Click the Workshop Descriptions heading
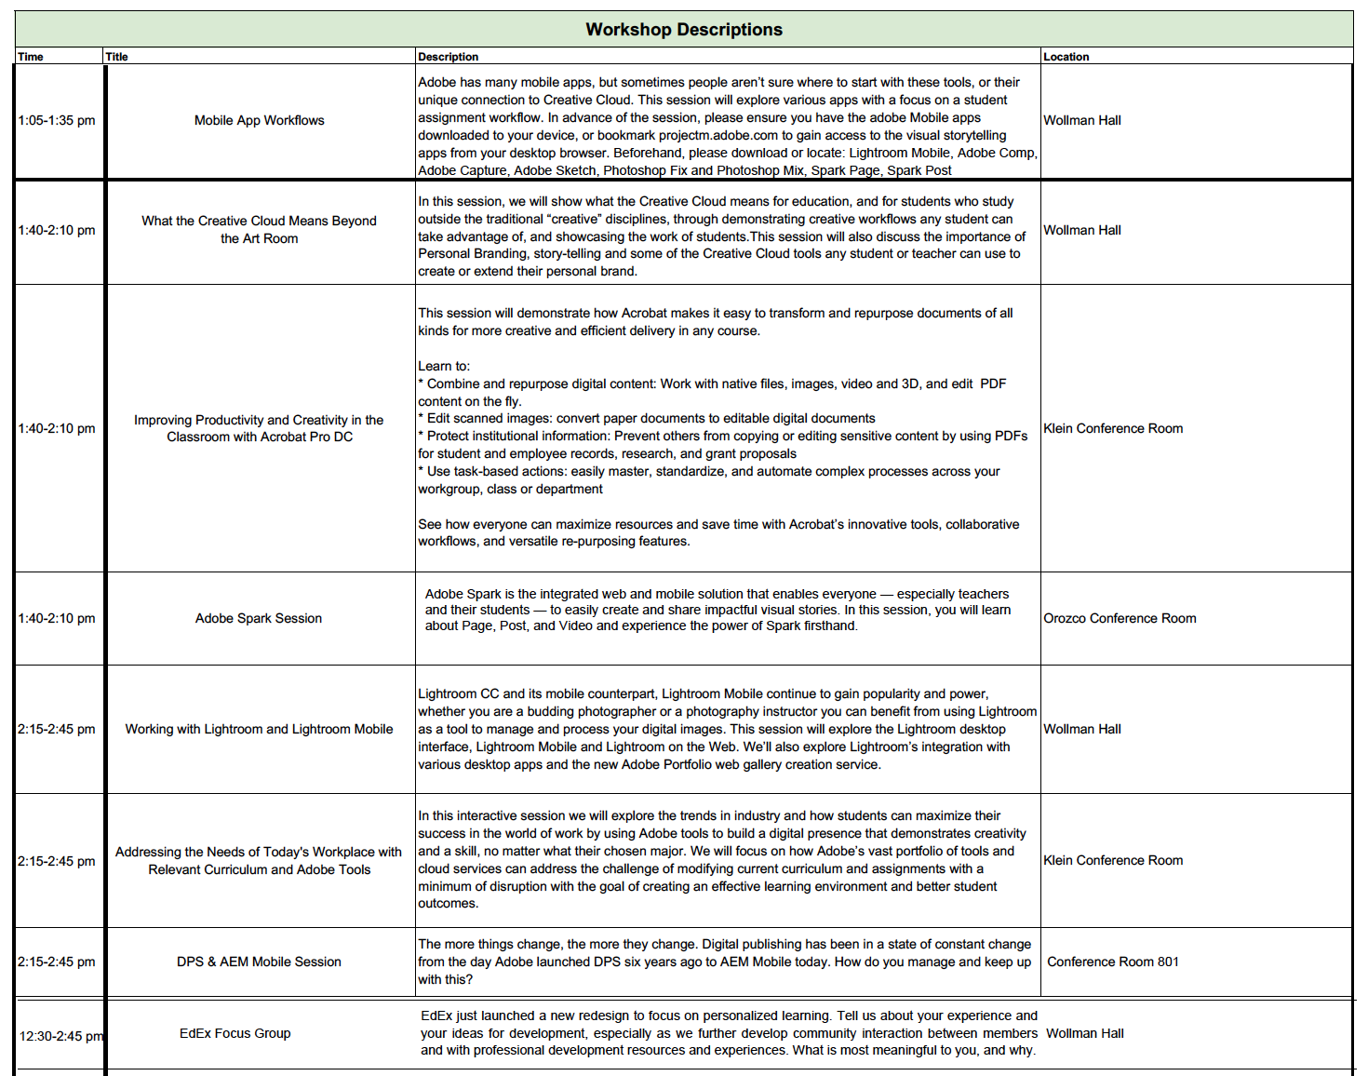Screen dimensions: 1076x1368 pos(684,30)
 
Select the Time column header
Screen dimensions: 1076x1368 pos(31,57)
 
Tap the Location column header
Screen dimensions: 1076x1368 pos(1066,57)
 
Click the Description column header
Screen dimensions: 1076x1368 pos(448,57)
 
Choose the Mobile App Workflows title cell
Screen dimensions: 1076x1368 pos(259,120)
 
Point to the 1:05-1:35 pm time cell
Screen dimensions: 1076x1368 pos(57,120)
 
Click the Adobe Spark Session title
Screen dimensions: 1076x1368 pos(259,618)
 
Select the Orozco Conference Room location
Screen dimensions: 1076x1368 pos(1120,618)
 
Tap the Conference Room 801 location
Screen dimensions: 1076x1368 pos(1112,962)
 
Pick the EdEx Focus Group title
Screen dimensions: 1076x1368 pos(235,1033)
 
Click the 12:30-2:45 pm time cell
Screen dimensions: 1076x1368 pos(61,1036)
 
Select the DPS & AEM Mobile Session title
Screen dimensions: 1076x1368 pos(259,962)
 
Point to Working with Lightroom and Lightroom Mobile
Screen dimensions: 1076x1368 pos(259,729)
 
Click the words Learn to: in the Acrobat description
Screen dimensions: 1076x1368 pos(444,366)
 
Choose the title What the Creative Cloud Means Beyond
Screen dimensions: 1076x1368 pos(259,221)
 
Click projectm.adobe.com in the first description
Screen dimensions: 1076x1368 pos(718,135)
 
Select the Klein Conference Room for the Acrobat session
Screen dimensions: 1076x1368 pos(1113,428)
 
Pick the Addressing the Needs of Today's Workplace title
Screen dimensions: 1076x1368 pos(259,852)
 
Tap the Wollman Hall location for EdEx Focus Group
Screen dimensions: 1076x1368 pos(1085,1033)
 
